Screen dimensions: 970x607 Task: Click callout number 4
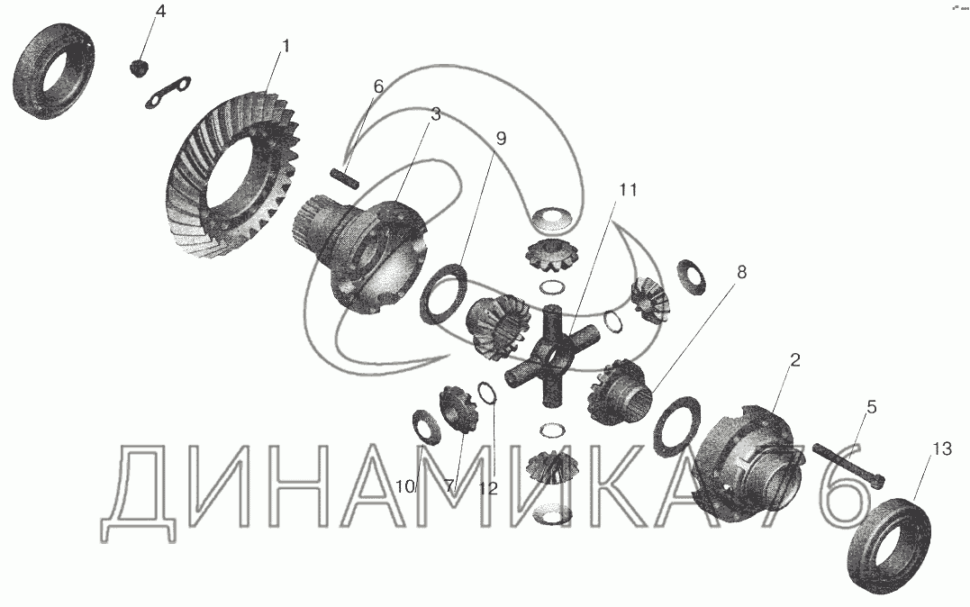[x=160, y=13]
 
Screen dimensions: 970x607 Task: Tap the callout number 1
[x=286, y=46]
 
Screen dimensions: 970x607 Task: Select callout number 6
[x=378, y=86]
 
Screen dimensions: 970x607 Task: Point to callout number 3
[x=436, y=114]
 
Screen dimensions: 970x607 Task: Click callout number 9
[x=501, y=139]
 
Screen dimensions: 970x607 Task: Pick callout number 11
[x=628, y=190]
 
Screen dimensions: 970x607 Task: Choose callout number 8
[x=742, y=272]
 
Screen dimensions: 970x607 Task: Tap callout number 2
[x=795, y=359]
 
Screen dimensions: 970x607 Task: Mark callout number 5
[x=872, y=406]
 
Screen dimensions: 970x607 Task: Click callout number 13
[x=942, y=448]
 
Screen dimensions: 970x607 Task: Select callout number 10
[x=405, y=487]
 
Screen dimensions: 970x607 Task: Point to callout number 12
[x=488, y=489]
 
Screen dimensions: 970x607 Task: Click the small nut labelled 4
[x=140, y=67]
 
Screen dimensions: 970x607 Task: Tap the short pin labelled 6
[x=345, y=177]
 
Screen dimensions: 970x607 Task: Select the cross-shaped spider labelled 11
[x=551, y=358]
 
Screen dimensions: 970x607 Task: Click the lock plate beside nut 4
[x=168, y=93]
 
